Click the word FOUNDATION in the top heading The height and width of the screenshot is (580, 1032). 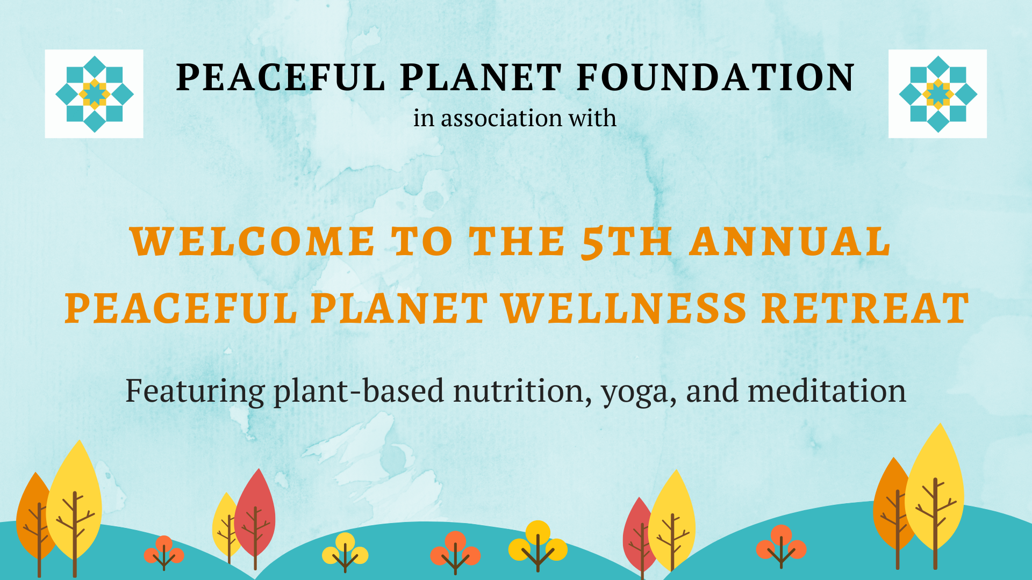715,77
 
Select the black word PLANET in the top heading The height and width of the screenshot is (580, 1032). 481,77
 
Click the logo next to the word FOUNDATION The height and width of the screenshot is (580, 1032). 937,94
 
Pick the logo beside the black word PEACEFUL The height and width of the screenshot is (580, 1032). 94,94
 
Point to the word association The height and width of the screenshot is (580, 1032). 502,118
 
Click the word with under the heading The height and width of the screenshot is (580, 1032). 593,118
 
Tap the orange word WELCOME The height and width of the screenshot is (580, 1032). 252,241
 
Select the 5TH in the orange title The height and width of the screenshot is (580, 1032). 627,243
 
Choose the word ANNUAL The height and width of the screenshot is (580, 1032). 791,241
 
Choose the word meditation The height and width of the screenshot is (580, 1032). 827,390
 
